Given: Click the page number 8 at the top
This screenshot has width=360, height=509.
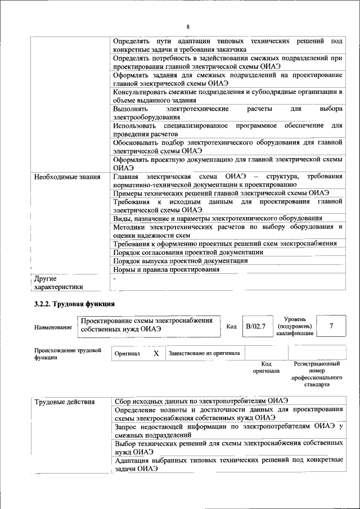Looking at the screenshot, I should click(188, 27).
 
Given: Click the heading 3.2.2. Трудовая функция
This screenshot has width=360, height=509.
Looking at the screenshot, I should click(70, 304).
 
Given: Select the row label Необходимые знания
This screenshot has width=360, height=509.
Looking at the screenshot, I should click(63, 177).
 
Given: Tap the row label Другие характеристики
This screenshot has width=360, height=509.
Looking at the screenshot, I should click(58, 282).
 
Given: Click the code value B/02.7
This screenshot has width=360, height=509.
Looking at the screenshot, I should click(256, 326).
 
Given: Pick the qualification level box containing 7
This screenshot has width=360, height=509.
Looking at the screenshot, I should click(331, 326).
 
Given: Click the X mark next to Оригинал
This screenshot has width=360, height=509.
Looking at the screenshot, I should click(156, 353).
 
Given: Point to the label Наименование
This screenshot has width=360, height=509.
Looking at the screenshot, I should click(53, 327).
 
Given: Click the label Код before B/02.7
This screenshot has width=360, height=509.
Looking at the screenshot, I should click(231, 327).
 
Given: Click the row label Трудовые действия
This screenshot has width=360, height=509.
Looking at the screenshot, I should click(64, 402).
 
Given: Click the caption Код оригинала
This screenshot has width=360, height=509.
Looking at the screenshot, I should click(266, 367).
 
